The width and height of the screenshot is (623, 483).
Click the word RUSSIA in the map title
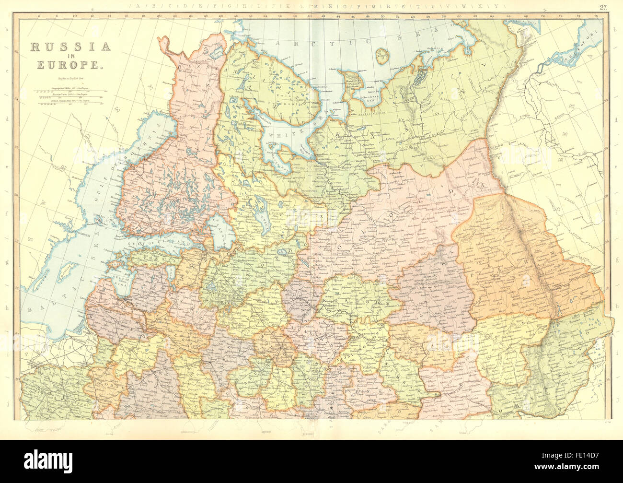(71, 47)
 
